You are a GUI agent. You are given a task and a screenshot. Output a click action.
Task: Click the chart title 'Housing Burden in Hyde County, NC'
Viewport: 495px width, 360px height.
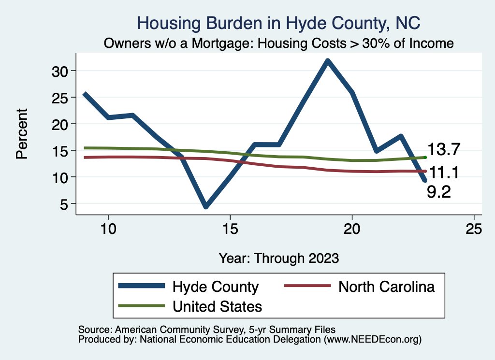pos(279,23)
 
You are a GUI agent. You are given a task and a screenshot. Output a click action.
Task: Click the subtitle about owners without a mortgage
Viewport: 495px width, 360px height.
pos(279,43)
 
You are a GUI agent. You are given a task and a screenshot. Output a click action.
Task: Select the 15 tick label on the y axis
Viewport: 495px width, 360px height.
pos(62,151)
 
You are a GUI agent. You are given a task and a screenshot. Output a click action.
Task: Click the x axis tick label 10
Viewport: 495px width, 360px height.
pos(108,229)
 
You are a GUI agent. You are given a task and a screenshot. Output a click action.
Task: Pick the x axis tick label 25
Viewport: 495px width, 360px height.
pos(474,229)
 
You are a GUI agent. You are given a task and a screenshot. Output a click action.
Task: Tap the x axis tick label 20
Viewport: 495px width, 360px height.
pos(352,229)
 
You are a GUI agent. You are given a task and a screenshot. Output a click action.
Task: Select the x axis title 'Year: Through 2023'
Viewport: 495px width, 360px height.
pos(279,258)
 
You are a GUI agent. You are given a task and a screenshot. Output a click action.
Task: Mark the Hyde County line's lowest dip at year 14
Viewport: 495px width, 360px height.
pos(206,206)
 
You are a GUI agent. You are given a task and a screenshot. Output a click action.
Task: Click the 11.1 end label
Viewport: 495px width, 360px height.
pos(442,172)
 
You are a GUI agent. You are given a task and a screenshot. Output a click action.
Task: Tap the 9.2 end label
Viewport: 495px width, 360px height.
pos(439,192)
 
